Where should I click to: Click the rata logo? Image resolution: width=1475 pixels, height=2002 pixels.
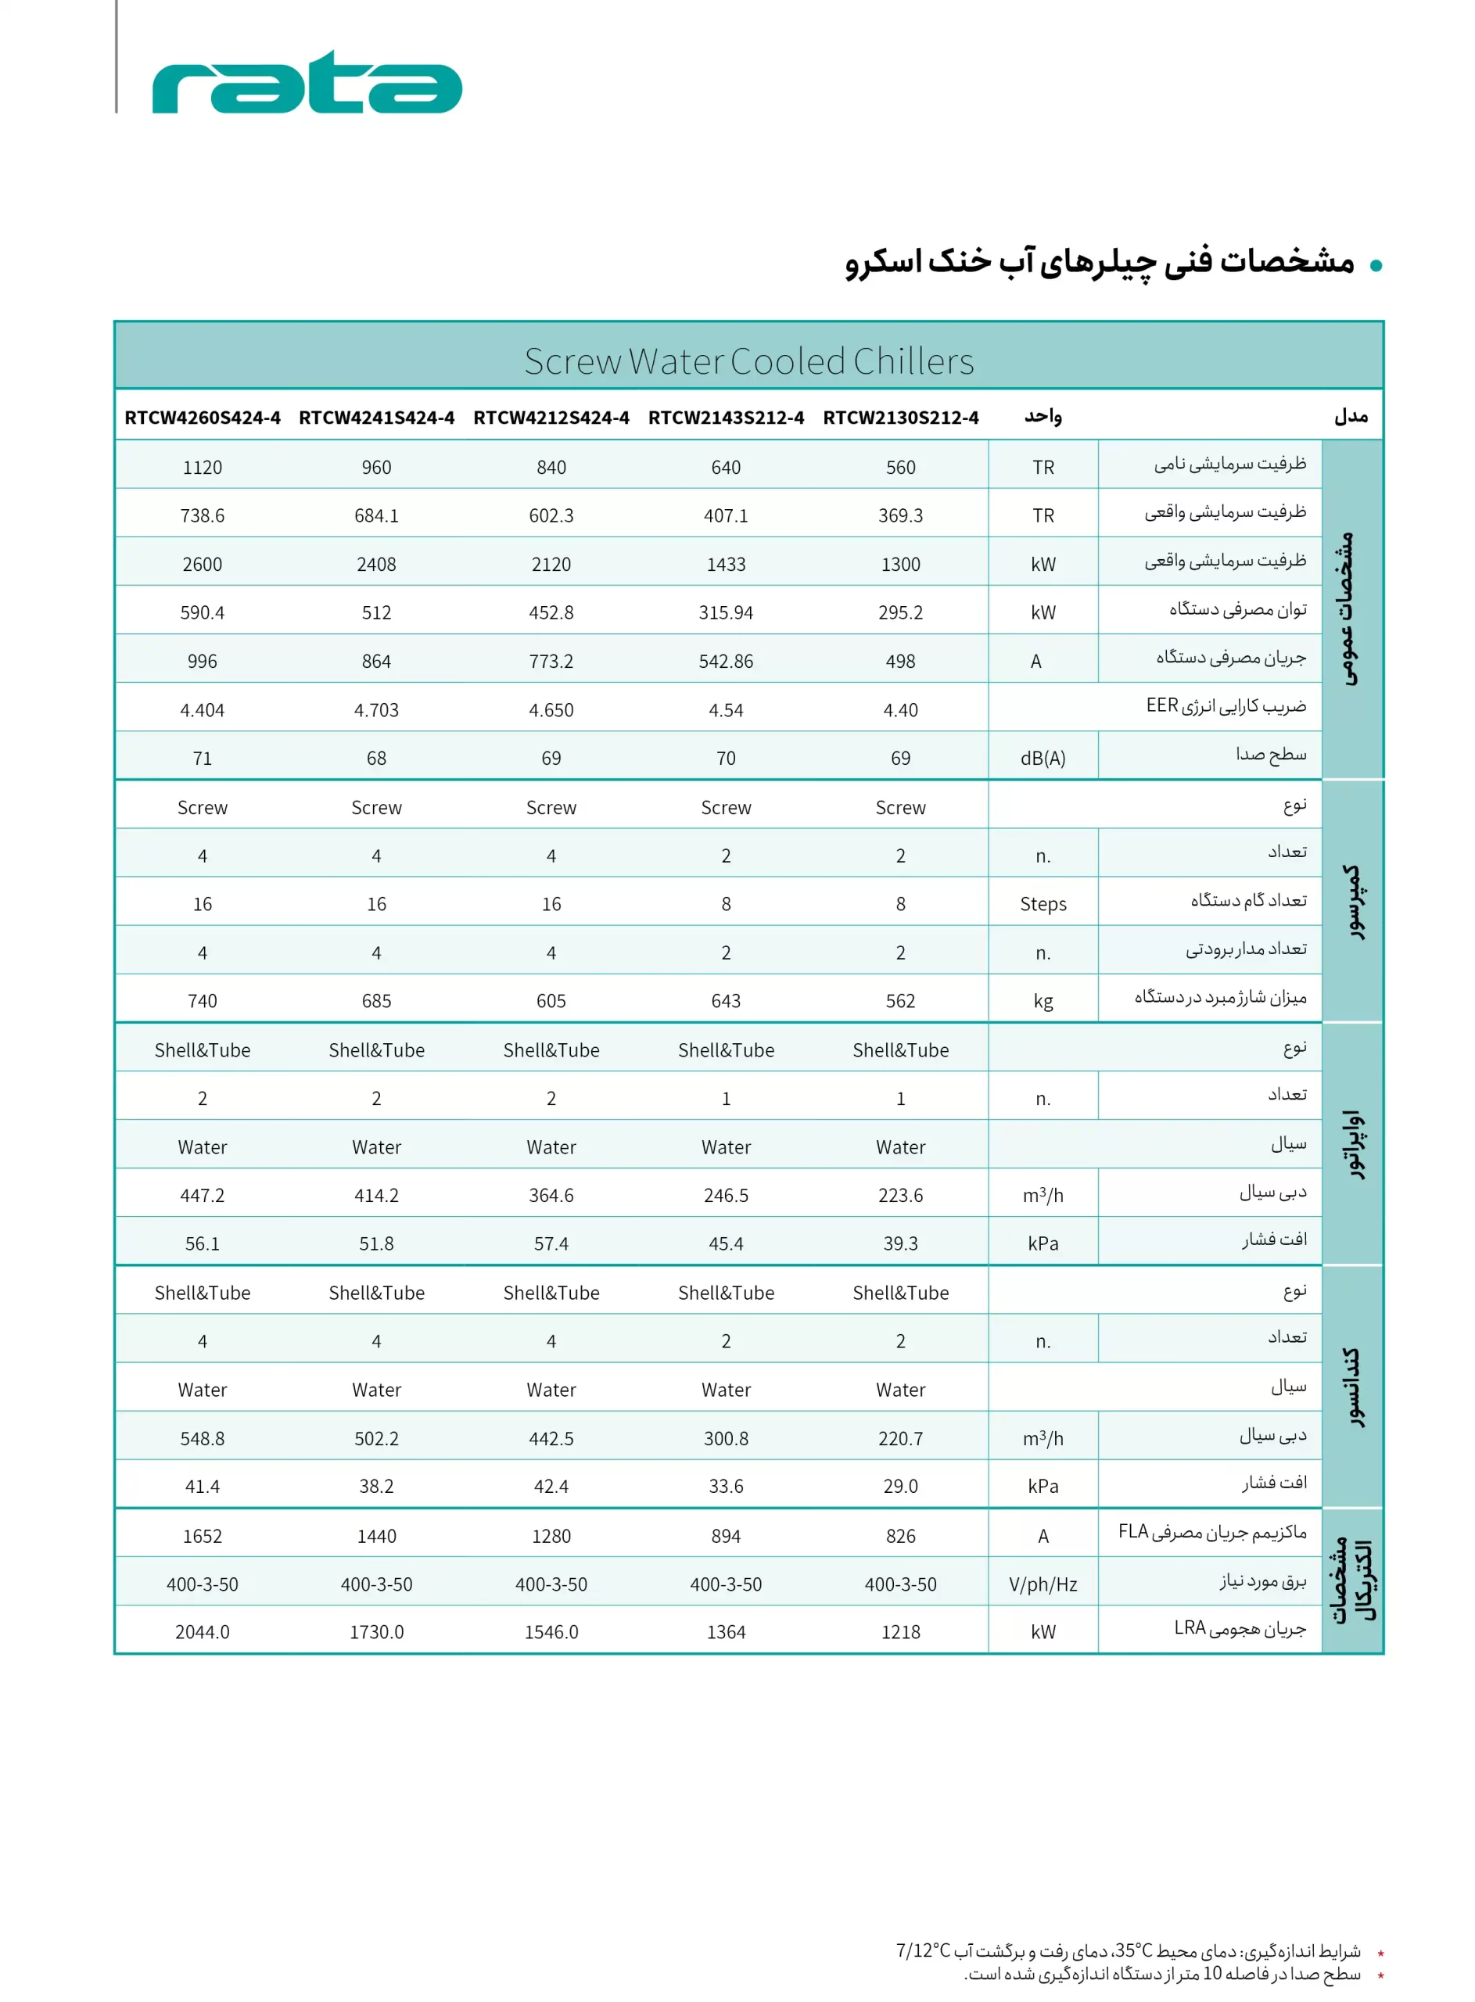click(307, 82)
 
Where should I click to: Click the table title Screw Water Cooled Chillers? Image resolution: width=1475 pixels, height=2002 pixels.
click(748, 361)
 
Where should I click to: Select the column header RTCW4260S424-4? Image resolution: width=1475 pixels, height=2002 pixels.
click(202, 418)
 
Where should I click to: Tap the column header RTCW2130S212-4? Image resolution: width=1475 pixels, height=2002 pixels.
click(900, 418)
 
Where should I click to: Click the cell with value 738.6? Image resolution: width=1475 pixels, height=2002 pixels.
click(202, 516)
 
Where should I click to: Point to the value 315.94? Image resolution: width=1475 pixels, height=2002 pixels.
click(726, 613)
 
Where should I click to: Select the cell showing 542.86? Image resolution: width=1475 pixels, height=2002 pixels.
click(726, 662)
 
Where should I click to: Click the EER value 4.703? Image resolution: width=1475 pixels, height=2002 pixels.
click(376, 710)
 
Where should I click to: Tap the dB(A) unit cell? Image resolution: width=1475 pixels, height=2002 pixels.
click(1043, 759)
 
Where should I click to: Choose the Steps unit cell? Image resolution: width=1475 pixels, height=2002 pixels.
click(1043, 904)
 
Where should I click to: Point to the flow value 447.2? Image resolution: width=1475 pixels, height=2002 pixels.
click(202, 1196)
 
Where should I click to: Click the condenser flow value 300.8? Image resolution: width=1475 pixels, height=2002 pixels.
click(726, 1439)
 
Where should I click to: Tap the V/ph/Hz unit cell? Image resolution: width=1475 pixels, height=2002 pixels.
click(1043, 1584)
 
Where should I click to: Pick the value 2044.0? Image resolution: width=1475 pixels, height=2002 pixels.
click(202, 1632)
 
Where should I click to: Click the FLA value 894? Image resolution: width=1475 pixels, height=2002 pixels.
click(726, 1536)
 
